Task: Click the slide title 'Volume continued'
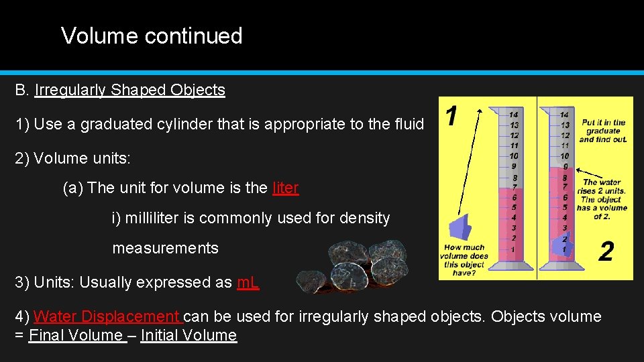152,36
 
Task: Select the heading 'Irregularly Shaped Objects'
129,90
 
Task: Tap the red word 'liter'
285,188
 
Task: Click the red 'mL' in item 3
248,282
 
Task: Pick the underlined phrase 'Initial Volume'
189,335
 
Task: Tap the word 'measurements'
165,248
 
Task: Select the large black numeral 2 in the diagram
605,252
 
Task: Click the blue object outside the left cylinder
460,229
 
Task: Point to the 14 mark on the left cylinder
513,115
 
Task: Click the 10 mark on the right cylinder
565,156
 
